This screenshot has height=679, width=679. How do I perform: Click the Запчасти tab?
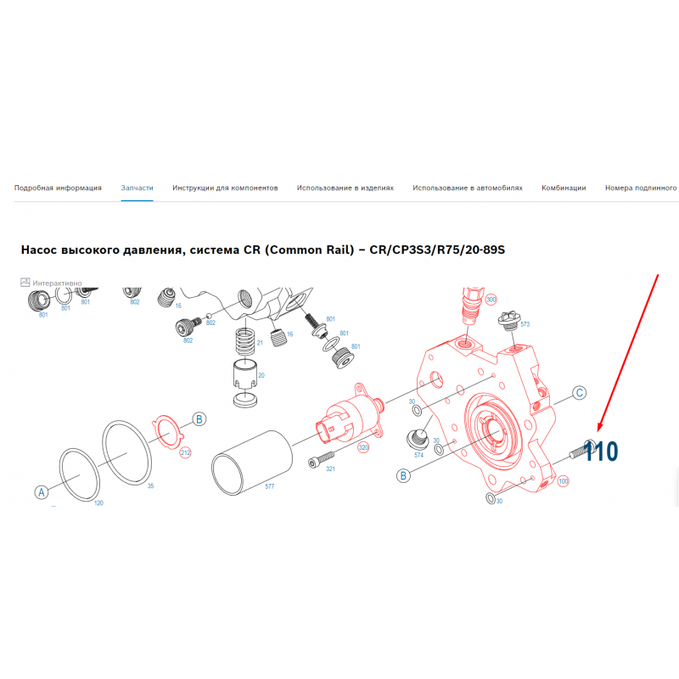click(x=137, y=188)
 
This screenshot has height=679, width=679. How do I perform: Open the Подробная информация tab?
click(x=58, y=188)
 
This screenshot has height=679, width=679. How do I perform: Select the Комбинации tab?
click(x=564, y=188)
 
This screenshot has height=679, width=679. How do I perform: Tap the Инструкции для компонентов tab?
click(x=225, y=188)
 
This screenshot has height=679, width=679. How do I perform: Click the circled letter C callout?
click(x=580, y=393)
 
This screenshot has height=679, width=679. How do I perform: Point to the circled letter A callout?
click(x=42, y=492)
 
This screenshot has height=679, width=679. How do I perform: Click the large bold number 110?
click(x=600, y=452)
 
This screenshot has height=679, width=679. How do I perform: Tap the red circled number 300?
click(x=491, y=300)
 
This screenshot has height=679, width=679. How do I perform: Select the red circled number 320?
click(x=363, y=447)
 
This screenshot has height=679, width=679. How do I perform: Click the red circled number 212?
click(x=185, y=453)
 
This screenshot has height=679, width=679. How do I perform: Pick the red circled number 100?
click(x=563, y=481)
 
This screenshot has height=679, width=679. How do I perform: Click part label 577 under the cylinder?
click(x=269, y=486)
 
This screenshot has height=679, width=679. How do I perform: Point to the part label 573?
click(x=525, y=324)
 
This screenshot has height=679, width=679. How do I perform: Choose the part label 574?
click(x=418, y=455)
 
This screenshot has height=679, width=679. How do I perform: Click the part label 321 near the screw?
click(x=330, y=469)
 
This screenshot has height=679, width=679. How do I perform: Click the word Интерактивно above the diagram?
click(x=57, y=283)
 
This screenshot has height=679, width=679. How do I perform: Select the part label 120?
click(x=98, y=502)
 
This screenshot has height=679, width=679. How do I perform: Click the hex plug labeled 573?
click(x=509, y=320)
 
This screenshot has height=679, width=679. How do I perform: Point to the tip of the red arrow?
click(x=598, y=432)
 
